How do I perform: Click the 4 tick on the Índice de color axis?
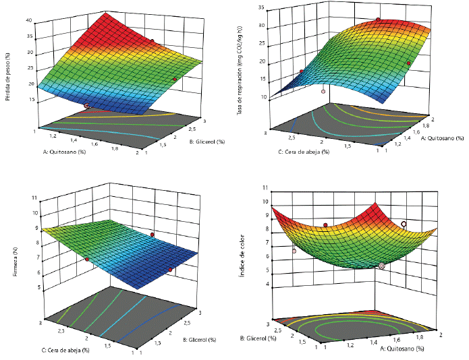(268, 284)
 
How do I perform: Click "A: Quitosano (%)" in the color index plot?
(403, 350)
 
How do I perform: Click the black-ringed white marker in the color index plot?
(404, 224)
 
